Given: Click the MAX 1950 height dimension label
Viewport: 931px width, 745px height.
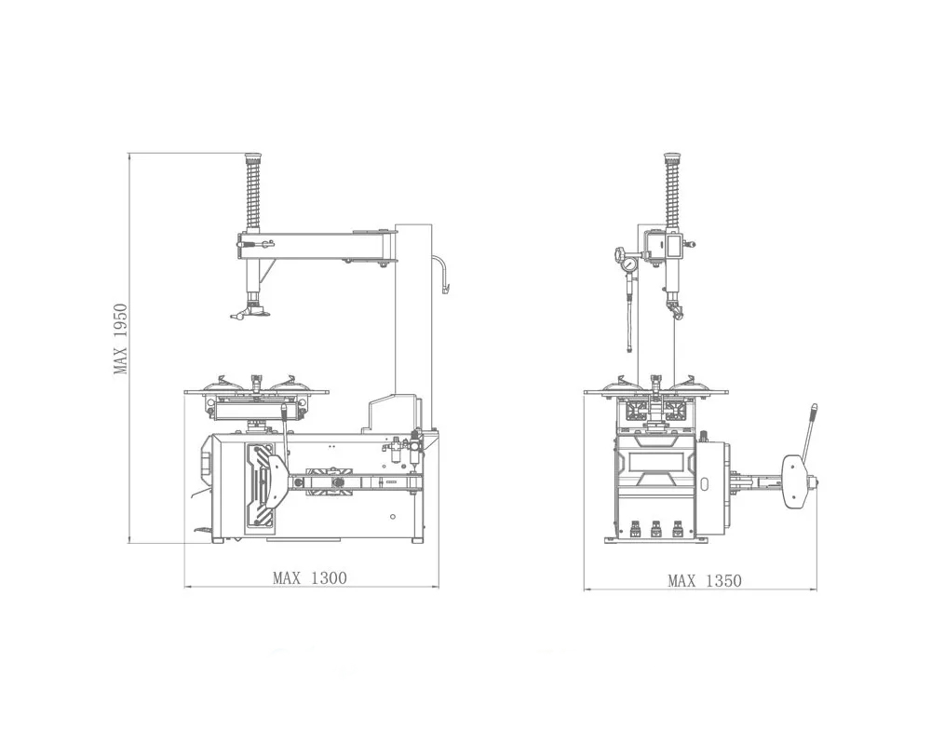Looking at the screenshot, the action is (120, 339).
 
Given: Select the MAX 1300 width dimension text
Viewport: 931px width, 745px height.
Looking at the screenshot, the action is (309, 577).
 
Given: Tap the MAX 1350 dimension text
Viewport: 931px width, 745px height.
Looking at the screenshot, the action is (705, 580).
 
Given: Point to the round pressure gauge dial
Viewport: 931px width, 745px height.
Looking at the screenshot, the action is (627, 262).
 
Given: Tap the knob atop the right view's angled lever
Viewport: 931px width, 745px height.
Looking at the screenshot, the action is (814, 408).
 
